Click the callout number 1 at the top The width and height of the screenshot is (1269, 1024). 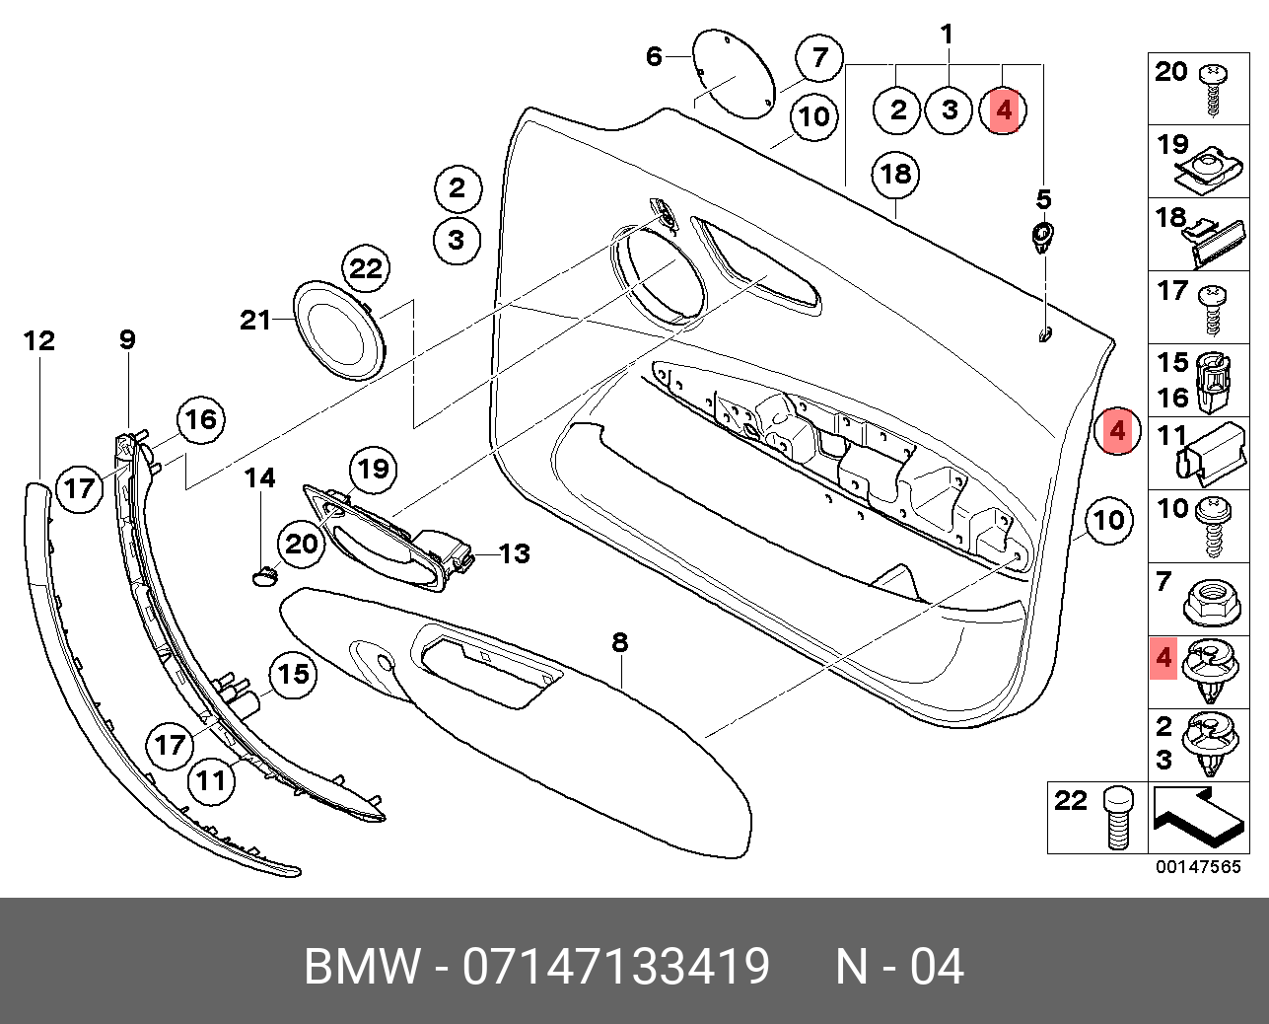[x=947, y=35]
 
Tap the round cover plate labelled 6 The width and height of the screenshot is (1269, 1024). [x=732, y=73]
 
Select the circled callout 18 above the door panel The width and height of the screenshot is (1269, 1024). [x=895, y=175]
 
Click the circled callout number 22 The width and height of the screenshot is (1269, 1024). [x=366, y=268]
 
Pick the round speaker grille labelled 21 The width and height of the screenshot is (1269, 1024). [x=339, y=328]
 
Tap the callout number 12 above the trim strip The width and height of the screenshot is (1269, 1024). [x=39, y=341]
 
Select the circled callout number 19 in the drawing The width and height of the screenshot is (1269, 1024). [x=374, y=469]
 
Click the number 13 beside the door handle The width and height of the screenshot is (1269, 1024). [x=514, y=553]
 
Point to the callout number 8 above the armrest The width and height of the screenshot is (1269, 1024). [x=619, y=643]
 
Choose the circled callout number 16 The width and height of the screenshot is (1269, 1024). [x=201, y=419]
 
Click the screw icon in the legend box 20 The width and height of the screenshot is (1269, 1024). [x=1212, y=88]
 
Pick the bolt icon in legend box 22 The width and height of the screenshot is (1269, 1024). [x=1117, y=817]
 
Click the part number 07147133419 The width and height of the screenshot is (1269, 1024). [x=616, y=967]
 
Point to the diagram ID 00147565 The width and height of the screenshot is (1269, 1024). [x=1199, y=867]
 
